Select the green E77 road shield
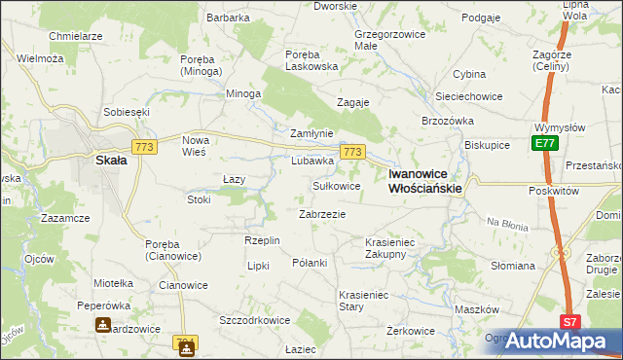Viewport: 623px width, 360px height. (x=544, y=144)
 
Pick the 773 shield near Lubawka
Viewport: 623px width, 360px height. (x=352, y=152)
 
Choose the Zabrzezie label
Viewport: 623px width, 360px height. (x=322, y=214)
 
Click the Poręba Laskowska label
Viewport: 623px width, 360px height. (x=311, y=60)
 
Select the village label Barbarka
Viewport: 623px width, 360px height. (x=228, y=18)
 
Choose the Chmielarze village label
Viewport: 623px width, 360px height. (x=76, y=36)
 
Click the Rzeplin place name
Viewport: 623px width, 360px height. (x=262, y=240)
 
